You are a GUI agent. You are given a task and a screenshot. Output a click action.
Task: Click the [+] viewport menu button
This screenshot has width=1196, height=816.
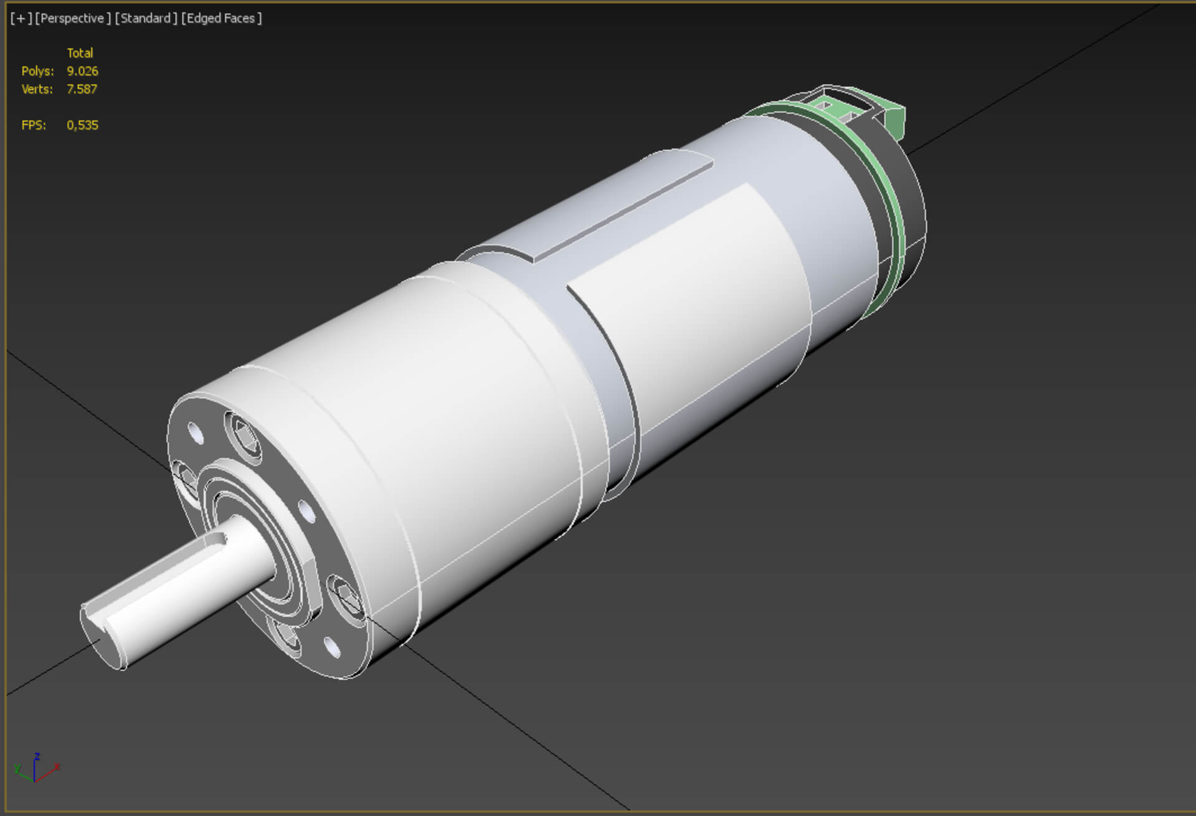[21, 19]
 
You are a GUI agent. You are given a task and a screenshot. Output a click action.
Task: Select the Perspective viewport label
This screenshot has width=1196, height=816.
[72, 19]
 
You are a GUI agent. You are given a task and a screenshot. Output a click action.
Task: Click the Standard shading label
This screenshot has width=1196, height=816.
[145, 19]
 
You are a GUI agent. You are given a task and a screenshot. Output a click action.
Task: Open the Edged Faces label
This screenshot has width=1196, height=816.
[221, 19]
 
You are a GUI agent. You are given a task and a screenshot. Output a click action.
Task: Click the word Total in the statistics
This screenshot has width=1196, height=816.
[80, 53]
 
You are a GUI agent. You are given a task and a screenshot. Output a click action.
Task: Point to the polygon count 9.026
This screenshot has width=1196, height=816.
[82, 71]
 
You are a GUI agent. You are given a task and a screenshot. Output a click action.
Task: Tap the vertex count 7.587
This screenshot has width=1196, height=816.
[82, 89]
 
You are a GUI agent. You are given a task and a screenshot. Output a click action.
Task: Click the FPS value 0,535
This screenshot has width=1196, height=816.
[82, 125]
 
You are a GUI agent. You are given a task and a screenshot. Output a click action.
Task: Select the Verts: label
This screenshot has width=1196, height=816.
[37, 89]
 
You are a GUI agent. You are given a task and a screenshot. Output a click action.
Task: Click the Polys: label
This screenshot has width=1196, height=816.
[37, 71]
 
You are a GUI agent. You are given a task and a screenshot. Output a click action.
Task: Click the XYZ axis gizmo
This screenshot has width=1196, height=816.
[36, 769]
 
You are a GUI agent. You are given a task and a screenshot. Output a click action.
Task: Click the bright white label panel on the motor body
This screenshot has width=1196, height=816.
[691, 293]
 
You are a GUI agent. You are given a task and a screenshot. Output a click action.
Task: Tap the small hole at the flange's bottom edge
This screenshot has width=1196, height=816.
[333, 647]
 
